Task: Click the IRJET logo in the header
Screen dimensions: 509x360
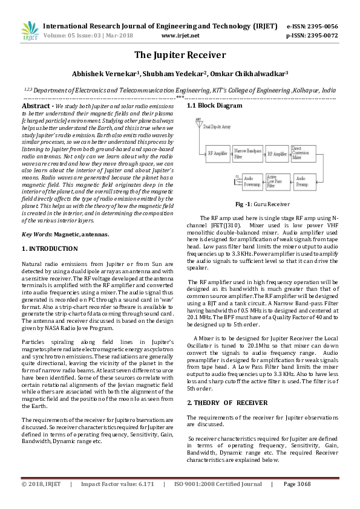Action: pos(30,30)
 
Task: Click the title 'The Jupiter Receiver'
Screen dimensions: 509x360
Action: pos(180,55)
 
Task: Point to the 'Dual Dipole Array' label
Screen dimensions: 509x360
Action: pos(217,127)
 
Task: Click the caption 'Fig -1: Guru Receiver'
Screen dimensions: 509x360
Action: pos(254,204)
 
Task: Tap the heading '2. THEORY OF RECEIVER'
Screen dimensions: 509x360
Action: pos(227,403)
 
